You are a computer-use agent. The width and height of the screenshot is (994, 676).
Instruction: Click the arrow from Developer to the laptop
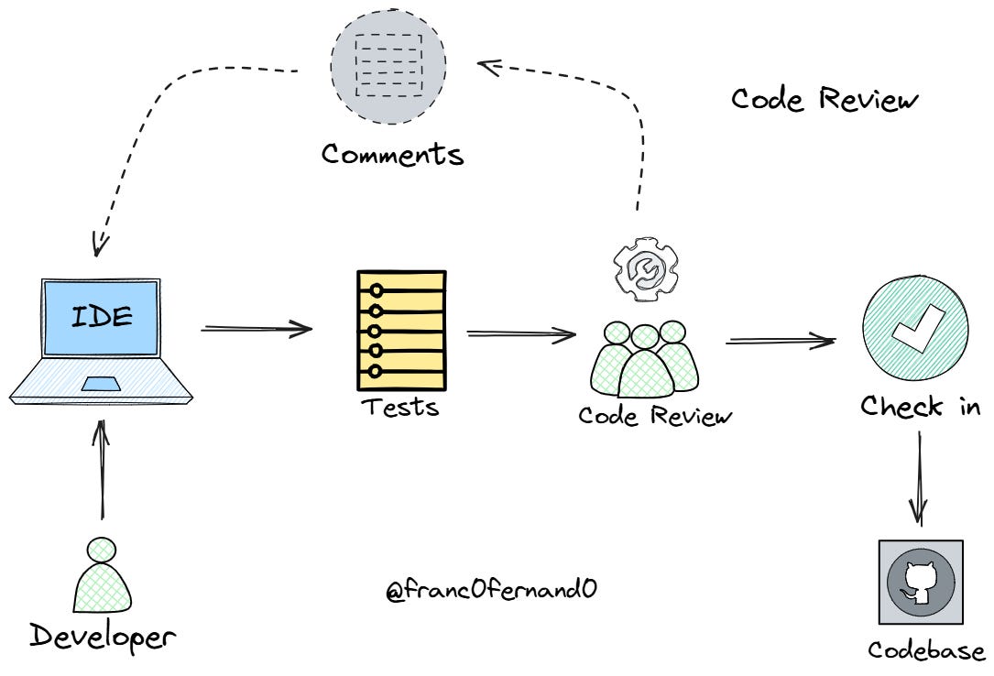tap(102, 467)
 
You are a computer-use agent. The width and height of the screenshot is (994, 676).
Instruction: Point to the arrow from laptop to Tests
tap(257, 328)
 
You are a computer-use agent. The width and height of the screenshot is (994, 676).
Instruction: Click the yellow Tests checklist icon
tap(401, 330)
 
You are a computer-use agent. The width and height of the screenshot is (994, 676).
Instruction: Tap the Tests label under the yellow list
tap(399, 406)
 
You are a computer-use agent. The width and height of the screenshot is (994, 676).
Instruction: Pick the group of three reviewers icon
tap(645, 359)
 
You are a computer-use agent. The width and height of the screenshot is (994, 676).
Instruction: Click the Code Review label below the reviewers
tap(655, 416)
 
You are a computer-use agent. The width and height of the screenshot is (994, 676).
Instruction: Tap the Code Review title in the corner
tap(824, 99)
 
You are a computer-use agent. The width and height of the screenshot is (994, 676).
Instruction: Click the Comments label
tap(392, 154)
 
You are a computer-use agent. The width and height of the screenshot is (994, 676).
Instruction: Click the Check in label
tap(920, 406)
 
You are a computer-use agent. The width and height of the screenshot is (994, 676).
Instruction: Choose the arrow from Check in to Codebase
tap(919, 478)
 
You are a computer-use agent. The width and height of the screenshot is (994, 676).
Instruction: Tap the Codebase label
tap(926, 650)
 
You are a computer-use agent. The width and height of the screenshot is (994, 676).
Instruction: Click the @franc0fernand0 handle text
tap(491, 590)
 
